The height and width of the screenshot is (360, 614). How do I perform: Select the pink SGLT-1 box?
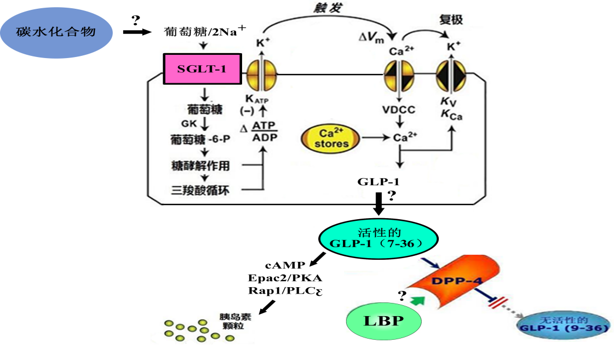(202, 69)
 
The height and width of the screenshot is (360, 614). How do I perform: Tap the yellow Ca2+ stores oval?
(331, 138)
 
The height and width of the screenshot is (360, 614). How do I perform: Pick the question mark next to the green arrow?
(401, 296)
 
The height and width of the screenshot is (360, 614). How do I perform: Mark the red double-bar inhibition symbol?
(498, 302)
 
